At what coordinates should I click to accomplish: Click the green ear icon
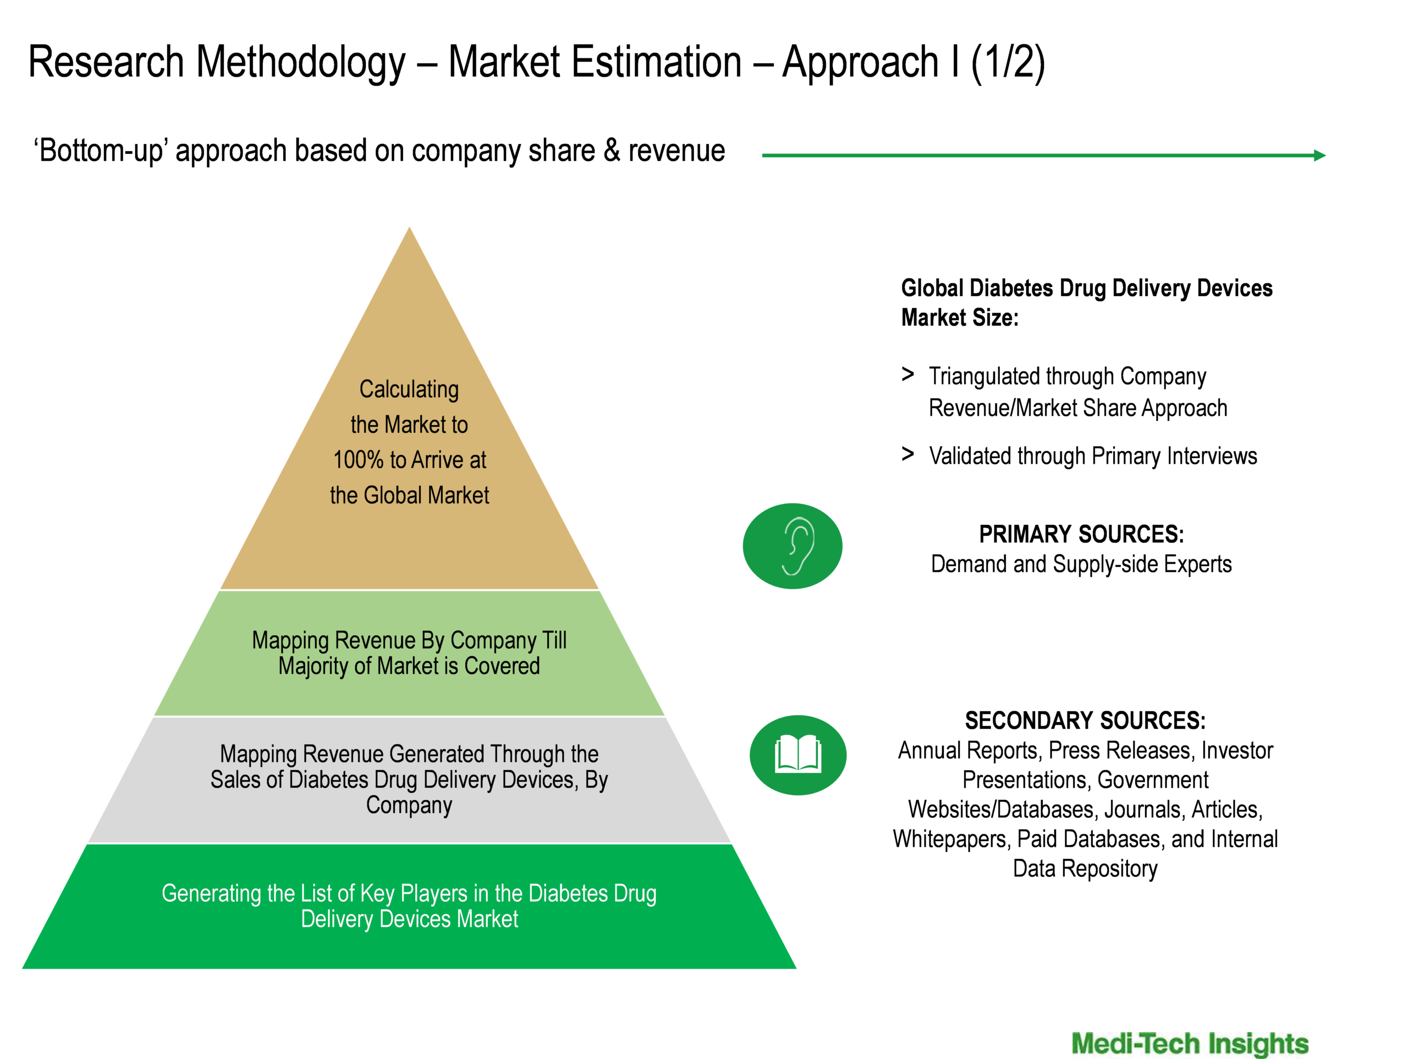pos(793,546)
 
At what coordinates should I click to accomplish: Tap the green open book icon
pos(798,755)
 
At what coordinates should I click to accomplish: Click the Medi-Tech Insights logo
pos(1190,1044)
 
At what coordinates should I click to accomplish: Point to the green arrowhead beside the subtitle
pos(1319,155)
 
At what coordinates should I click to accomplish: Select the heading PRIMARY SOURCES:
pos(1081,534)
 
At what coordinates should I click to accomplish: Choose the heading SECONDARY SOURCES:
pos(1085,721)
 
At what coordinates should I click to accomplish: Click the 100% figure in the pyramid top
pos(359,460)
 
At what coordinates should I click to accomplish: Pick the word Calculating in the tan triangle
pos(409,389)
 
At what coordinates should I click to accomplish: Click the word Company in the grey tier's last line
pos(409,805)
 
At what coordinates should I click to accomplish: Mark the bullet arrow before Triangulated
pos(908,375)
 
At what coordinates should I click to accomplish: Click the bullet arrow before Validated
pos(908,454)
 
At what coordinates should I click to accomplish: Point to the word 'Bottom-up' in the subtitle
pos(101,151)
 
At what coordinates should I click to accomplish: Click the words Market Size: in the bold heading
pos(960,317)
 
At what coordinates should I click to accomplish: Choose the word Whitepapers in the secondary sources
pos(950,840)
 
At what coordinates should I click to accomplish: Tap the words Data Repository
pos(1085,869)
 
